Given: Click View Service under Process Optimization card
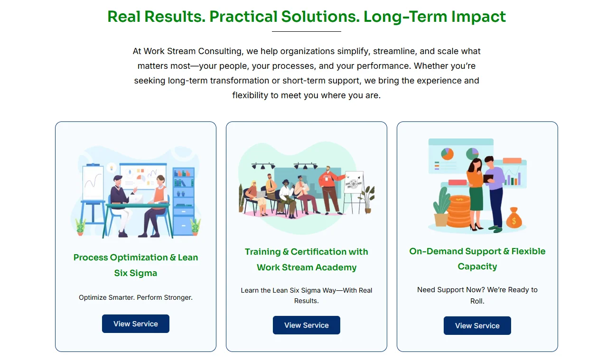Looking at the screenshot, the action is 135,323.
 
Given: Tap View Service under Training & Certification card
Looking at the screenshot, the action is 306,325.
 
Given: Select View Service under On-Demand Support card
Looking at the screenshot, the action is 477,326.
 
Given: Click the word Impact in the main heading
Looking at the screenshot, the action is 478,17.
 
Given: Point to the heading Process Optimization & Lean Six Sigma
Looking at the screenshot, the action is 136,265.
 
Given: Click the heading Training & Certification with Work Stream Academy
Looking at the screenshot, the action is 306,259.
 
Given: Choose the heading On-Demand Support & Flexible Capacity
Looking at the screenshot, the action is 477,259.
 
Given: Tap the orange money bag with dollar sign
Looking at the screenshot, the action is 514,218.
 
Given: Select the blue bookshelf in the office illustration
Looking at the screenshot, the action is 183,201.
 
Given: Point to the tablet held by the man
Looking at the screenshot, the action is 488,178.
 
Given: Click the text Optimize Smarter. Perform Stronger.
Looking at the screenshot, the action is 136,297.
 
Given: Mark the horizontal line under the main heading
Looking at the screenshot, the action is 306,31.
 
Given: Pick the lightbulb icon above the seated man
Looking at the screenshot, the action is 112,168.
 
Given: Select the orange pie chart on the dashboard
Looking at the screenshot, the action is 447,154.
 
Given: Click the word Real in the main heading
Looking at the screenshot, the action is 124,17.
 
